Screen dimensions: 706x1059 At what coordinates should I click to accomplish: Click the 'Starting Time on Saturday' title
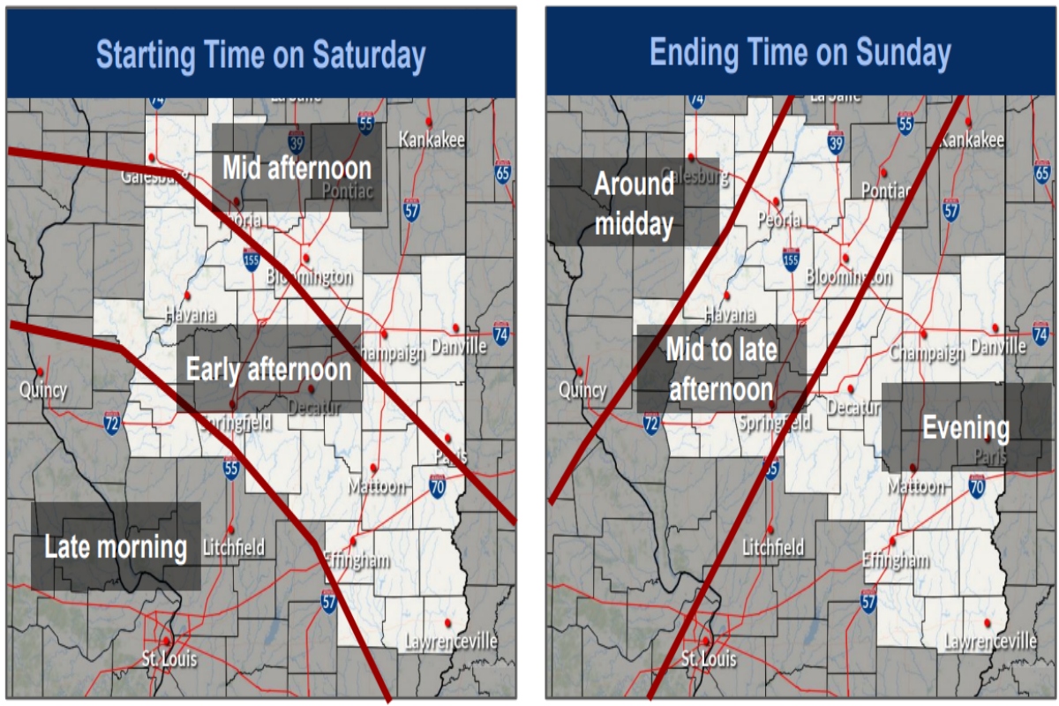click(260, 55)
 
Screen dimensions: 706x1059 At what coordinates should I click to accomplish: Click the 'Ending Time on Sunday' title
click(800, 53)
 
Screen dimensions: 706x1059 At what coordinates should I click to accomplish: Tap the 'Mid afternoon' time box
click(297, 168)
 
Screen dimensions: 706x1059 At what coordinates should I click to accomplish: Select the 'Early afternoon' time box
click(268, 369)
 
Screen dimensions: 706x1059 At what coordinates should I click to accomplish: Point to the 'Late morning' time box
click(116, 547)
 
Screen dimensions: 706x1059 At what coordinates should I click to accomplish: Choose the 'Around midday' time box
click(634, 203)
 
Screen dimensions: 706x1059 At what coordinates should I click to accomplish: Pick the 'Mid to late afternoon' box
click(721, 369)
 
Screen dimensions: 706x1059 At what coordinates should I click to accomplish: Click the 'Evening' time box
click(965, 428)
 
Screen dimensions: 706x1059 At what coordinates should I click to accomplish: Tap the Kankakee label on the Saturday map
click(432, 139)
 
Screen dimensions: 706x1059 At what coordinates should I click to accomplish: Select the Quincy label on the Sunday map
click(583, 389)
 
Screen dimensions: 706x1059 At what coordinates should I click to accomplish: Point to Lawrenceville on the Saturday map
click(451, 642)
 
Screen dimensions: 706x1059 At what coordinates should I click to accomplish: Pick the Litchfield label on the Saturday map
click(234, 547)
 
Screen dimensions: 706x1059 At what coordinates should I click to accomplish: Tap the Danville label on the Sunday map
click(998, 347)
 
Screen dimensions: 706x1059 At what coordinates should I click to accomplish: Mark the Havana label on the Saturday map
click(190, 313)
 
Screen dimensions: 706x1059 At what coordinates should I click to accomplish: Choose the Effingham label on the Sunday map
click(896, 560)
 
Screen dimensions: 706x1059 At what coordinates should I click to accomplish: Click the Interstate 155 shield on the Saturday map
click(252, 258)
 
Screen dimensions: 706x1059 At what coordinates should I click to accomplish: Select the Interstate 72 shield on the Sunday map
click(651, 424)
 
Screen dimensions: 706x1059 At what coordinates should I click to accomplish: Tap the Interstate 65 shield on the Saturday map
click(502, 174)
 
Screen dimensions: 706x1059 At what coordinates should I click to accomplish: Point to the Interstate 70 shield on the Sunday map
click(976, 484)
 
